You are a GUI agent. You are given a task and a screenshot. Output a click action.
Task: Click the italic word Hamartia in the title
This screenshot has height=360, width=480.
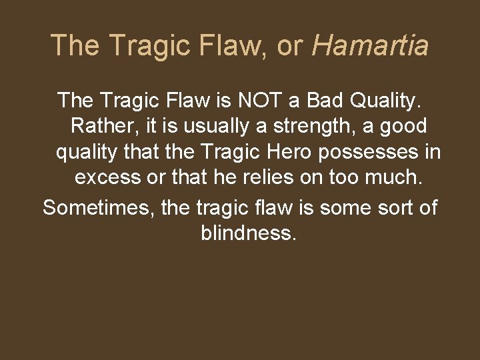tap(370, 45)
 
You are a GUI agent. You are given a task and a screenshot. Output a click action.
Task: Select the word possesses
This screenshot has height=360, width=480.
tap(370, 152)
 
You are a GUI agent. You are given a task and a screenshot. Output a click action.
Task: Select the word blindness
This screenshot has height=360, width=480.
tap(246, 233)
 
